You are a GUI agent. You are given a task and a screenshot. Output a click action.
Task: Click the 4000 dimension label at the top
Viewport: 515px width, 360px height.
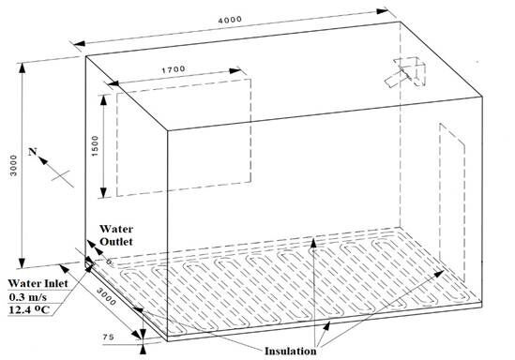pyautogui.click(x=230, y=20)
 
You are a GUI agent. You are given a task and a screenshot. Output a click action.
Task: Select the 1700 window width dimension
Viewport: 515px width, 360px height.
pyautogui.click(x=174, y=69)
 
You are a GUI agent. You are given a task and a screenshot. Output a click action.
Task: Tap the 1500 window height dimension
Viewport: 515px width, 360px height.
pyautogui.click(x=95, y=145)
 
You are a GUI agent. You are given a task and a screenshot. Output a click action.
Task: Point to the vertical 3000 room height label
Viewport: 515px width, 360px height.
pyautogui.click(x=13, y=165)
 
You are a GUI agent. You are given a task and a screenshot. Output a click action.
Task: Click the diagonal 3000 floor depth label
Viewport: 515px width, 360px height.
pyautogui.click(x=106, y=296)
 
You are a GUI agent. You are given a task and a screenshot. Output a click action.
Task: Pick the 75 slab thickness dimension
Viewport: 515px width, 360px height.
pyautogui.click(x=109, y=337)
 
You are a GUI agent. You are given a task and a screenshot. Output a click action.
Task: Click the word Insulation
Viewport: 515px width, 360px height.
pyautogui.click(x=291, y=351)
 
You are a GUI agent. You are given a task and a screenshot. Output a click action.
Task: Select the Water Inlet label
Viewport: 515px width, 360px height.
pyautogui.click(x=38, y=283)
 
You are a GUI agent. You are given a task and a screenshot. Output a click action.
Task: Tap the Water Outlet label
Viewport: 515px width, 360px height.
pyautogui.click(x=116, y=235)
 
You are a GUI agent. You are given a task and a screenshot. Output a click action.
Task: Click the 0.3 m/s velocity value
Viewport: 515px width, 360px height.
pyautogui.click(x=28, y=297)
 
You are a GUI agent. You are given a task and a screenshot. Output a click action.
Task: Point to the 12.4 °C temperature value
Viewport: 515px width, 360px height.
pyautogui.click(x=30, y=309)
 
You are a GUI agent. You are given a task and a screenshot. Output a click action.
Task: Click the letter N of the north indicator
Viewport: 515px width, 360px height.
pyautogui.click(x=32, y=152)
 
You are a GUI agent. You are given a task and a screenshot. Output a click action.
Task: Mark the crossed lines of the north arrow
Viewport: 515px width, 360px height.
pyautogui.click(x=61, y=175)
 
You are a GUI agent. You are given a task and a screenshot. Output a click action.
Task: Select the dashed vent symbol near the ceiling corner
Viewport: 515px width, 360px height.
pyautogui.click(x=406, y=72)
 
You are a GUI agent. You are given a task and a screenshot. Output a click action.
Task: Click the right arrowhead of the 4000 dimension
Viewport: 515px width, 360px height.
pyautogui.click(x=383, y=11)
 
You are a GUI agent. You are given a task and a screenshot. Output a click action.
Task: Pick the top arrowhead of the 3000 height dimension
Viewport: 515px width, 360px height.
pyautogui.click(x=22, y=67)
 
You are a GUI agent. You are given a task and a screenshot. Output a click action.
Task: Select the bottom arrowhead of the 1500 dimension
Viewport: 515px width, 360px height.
pyautogui.click(x=103, y=192)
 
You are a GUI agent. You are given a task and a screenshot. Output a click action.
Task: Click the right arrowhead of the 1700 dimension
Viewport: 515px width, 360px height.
pyautogui.click(x=235, y=71)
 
